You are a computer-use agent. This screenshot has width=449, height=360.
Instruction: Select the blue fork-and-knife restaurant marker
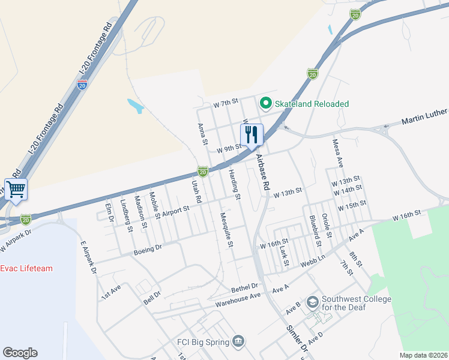[252, 134]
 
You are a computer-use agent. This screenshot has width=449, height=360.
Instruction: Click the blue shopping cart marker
[16, 190]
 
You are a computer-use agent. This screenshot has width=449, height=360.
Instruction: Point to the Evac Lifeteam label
[26, 268]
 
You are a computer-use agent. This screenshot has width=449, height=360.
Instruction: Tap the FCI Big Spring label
[203, 342]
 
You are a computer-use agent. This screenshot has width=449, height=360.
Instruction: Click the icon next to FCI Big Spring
[240, 341]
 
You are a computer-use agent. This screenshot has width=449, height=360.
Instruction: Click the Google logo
[20, 353]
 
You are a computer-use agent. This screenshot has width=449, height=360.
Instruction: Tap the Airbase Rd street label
[262, 172]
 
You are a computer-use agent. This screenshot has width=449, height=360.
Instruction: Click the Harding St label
[234, 184]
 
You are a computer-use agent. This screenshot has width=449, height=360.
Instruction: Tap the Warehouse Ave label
[238, 299]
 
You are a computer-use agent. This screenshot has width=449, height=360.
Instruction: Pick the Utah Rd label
[195, 191]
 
